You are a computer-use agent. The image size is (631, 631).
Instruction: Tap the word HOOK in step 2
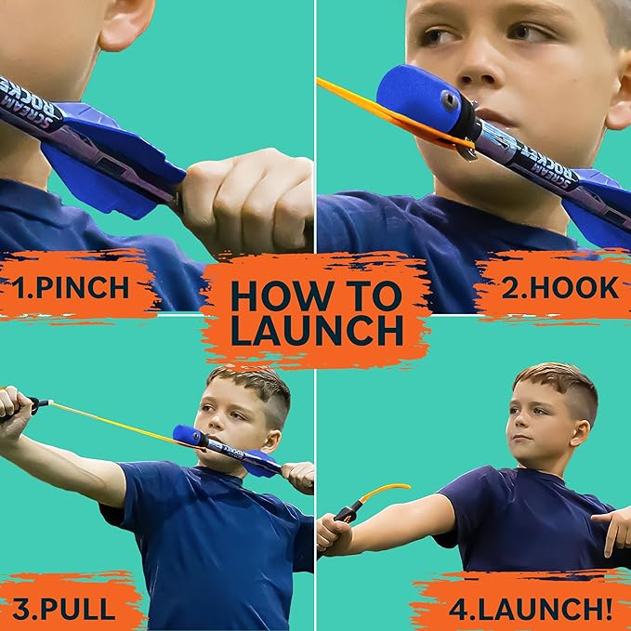(x=573, y=287)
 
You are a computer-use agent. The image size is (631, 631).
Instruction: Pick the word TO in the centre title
(x=372, y=295)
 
